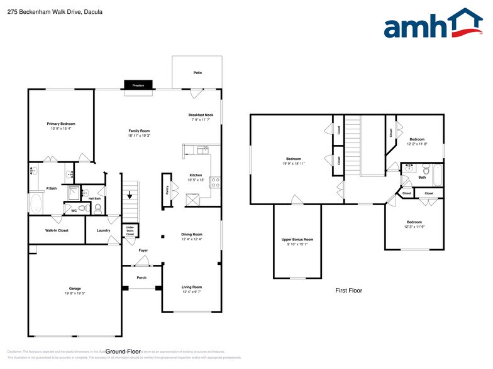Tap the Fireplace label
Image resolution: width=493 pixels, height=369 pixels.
coord(137,85)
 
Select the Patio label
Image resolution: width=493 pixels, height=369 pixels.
coord(197,73)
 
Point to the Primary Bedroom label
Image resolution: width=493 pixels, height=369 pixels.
coord(61,124)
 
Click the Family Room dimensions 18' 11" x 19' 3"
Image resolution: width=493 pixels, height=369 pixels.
coord(139,135)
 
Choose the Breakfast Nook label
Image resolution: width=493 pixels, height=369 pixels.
coord(201,115)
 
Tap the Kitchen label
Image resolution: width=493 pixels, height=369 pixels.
coord(196,175)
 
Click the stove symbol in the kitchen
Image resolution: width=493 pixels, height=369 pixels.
coord(214,182)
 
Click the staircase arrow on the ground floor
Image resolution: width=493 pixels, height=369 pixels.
coord(130,196)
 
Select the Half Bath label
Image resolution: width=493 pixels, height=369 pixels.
coord(95,198)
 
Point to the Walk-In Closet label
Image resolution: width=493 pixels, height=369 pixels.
coord(57,230)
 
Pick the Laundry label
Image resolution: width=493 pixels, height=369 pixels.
coord(104,230)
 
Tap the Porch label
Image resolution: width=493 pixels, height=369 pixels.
coord(141,278)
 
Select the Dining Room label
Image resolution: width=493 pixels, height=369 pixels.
coord(192,234)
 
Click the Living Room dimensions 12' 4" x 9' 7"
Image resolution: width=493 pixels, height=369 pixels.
coord(192,292)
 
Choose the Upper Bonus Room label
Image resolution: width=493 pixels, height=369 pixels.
coord(297,240)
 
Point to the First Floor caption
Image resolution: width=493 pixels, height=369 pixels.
coord(348,291)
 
